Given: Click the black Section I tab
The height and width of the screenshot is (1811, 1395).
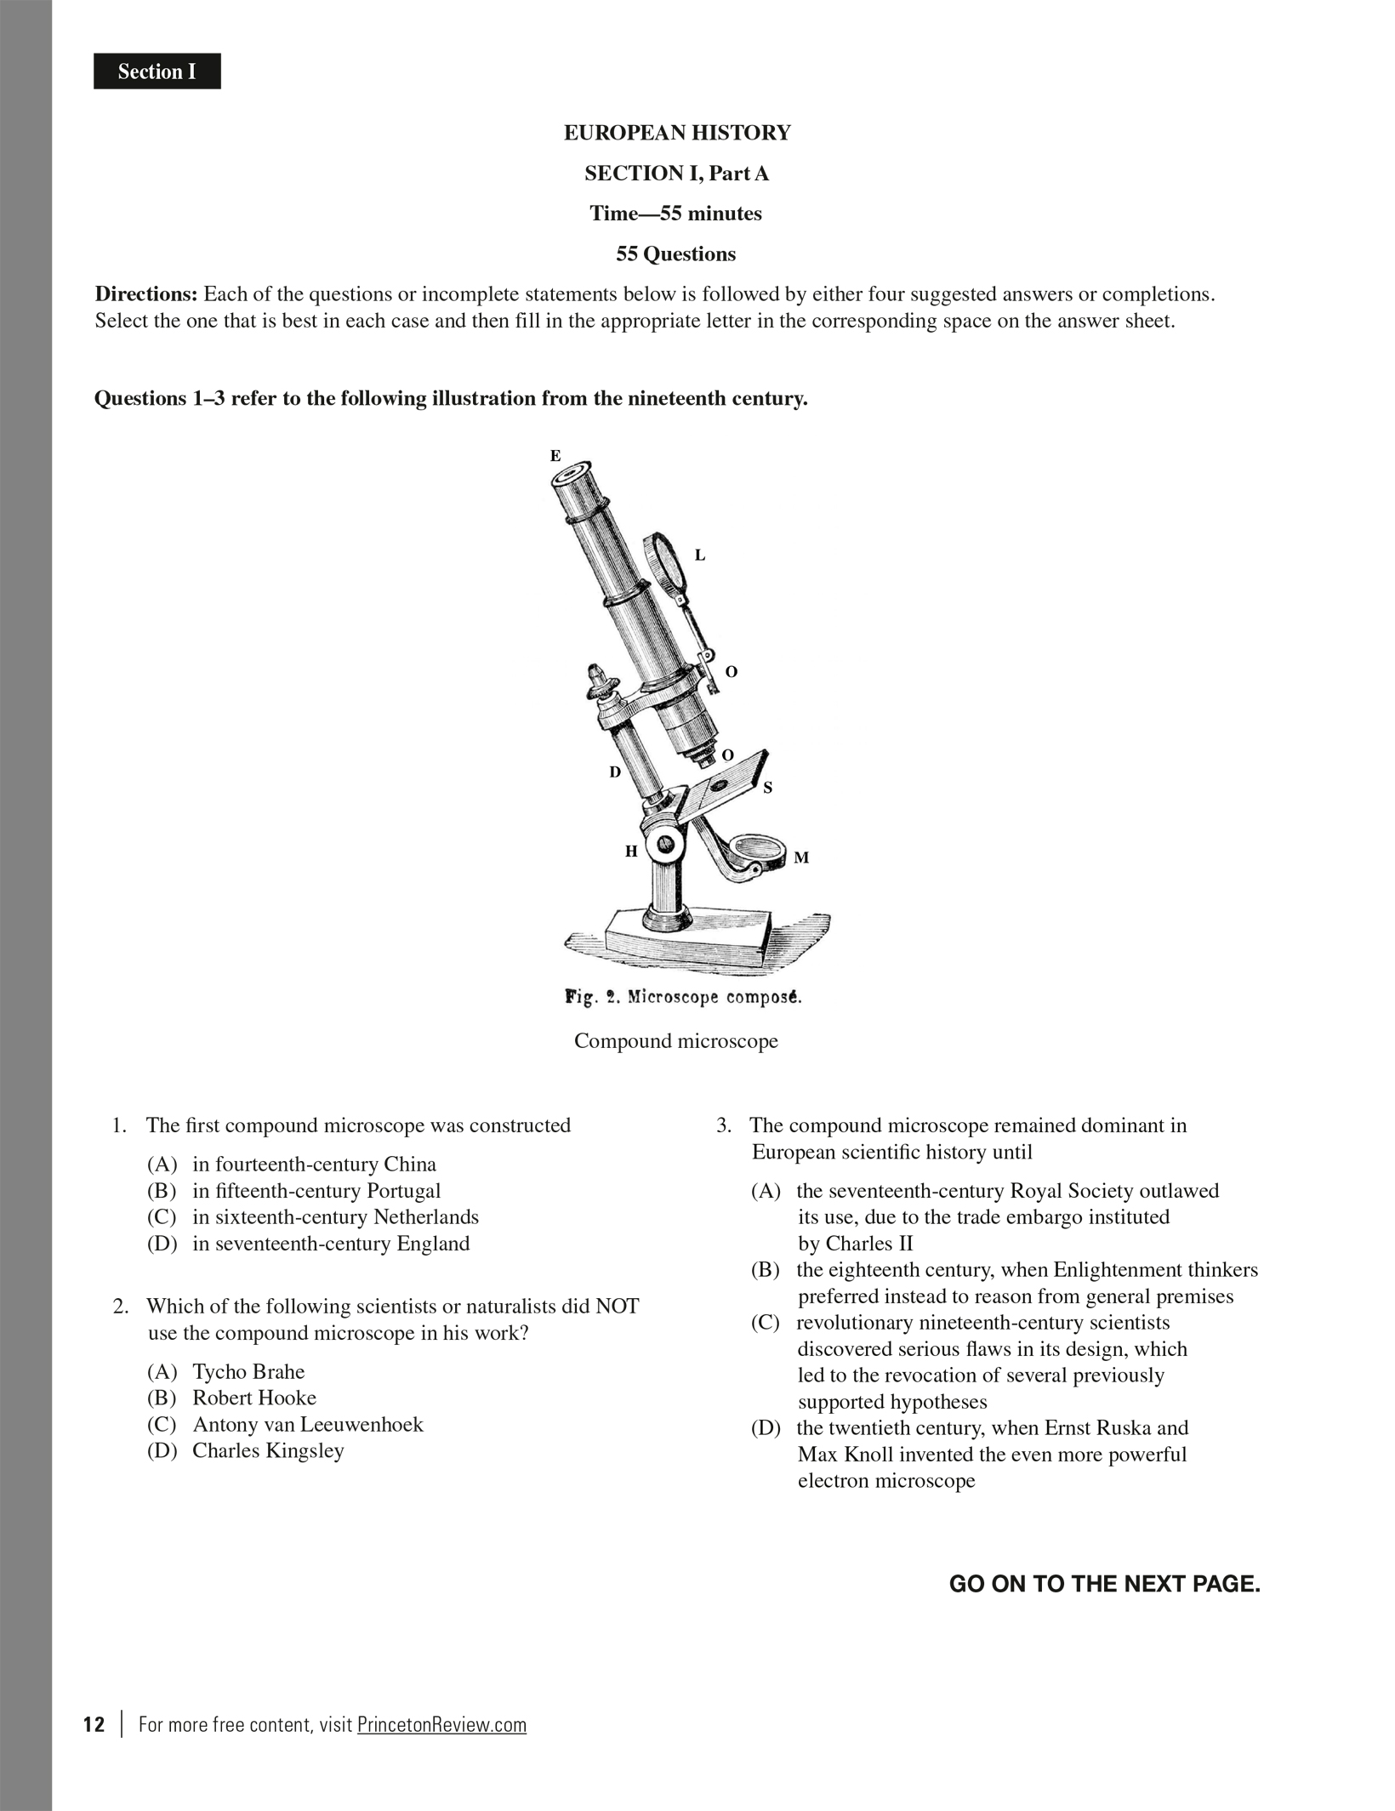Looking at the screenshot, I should pyautogui.click(x=157, y=71).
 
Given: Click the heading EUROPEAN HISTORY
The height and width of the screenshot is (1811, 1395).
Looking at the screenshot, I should pyautogui.click(x=677, y=133).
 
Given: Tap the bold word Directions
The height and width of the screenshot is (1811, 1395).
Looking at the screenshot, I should pyautogui.click(x=145, y=294).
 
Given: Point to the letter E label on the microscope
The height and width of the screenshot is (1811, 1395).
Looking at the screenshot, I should pyautogui.click(x=555, y=456).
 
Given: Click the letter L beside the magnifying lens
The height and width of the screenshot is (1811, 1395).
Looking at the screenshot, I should pyautogui.click(x=700, y=555).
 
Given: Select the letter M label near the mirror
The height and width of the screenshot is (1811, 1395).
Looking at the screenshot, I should pyautogui.click(x=801, y=857).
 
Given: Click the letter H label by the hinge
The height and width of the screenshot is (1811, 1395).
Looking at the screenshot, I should pyautogui.click(x=631, y=851).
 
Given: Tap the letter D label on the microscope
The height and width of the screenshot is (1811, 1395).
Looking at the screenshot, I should pyautogui.click(x=614, y=772).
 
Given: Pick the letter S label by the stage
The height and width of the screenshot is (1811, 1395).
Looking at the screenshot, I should pyautogui.click(x=767, y=788).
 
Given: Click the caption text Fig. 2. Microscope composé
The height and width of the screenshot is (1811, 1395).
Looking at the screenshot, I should pyautogui.click(x=684, y=997).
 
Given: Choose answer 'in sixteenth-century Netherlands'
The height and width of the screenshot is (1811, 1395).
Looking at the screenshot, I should pyautogui.click(x=335, y=1217).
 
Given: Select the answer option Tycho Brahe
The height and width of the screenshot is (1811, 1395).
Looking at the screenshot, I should pyautogui.click(x=248, y=1371).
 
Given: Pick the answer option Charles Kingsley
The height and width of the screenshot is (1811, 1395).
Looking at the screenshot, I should pyautogui.click(x=268, y=1450).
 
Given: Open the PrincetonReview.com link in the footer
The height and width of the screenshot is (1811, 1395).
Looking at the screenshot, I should pyautogui.click(x=441, y=1724).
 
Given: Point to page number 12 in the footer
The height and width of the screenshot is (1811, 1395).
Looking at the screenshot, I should pyautogui.click(x=94, y=1724).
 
